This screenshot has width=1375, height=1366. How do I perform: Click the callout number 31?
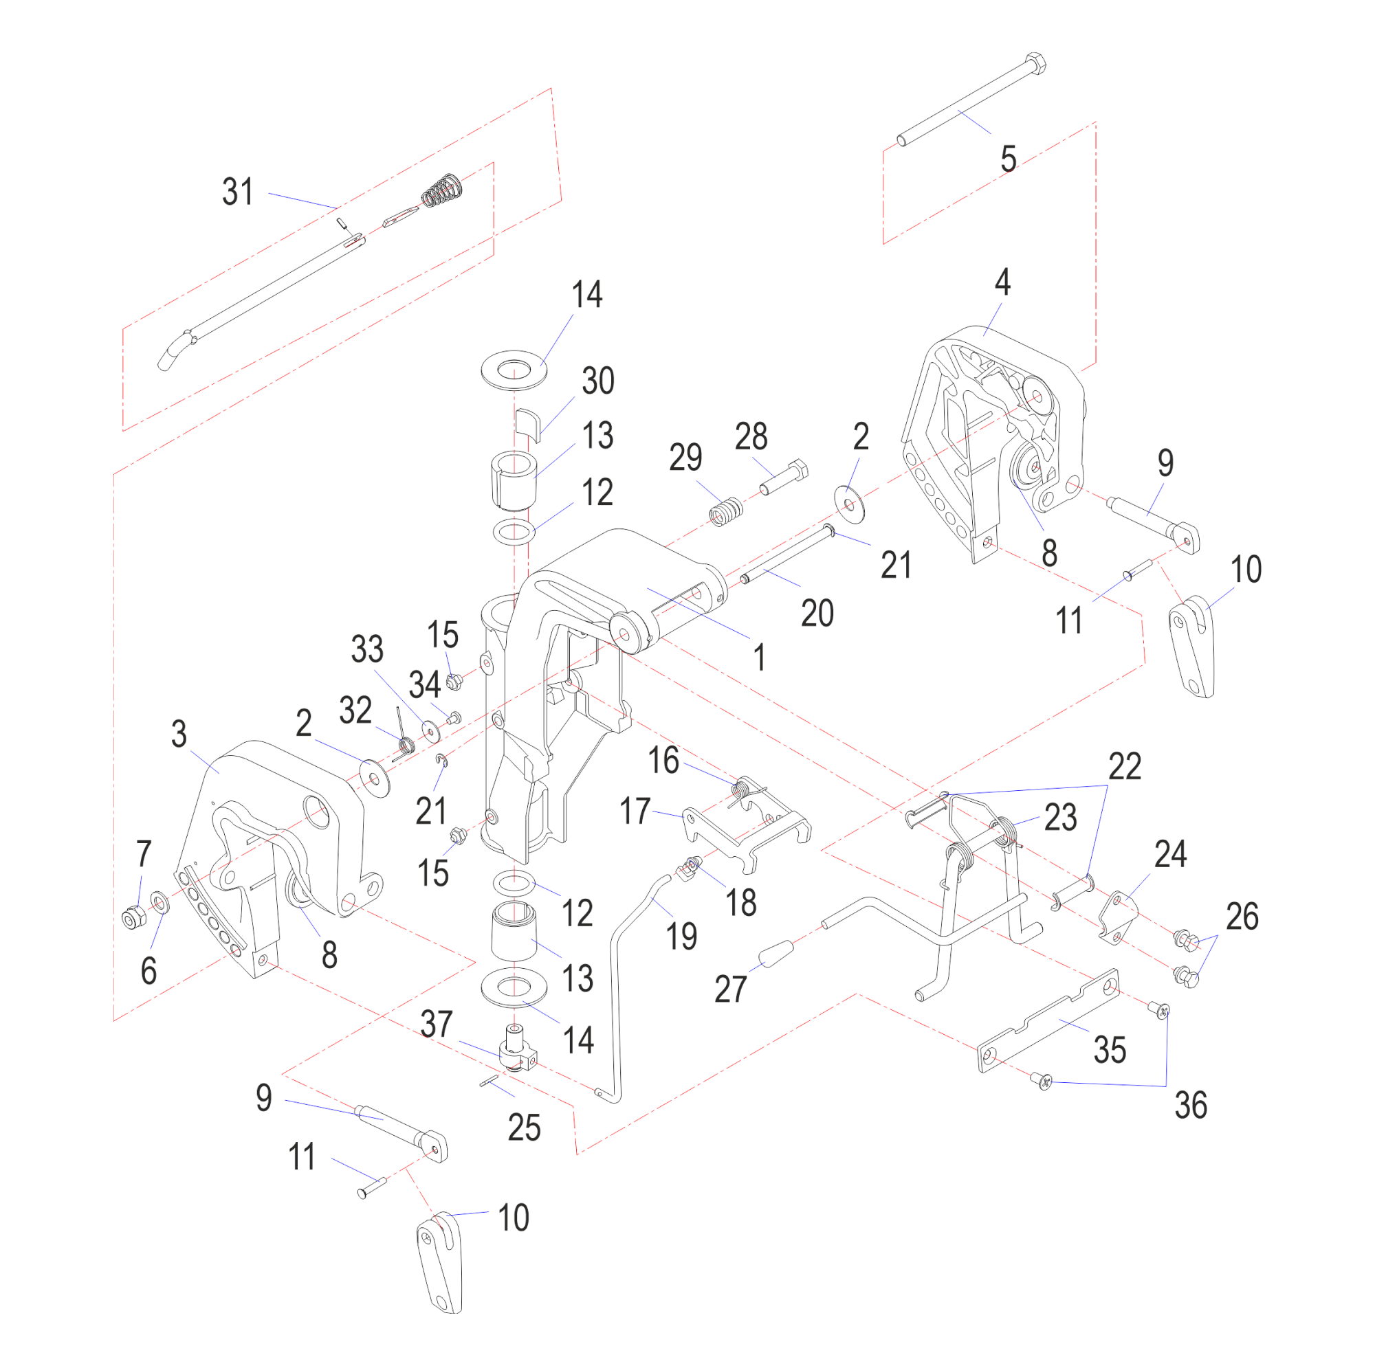click(238, 192)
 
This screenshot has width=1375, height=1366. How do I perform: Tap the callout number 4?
click(1002, 282)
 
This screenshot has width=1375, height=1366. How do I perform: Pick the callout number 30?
click(598, 381)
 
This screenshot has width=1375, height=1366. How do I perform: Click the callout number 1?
click(760, 657)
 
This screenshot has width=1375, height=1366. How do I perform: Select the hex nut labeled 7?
click(132, 919)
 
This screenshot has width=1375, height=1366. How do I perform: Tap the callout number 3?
click(179, 734)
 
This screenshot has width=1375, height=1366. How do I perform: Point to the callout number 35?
click(1110, 1050)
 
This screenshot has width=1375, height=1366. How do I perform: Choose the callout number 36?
click(1191, 1105)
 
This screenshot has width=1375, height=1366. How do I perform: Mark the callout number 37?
click(437, 1024)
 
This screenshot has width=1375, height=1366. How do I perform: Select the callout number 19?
click(681, 936)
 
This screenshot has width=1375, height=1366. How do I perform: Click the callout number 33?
click(367, 649)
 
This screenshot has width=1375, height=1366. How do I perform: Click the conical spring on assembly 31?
click(443, 190)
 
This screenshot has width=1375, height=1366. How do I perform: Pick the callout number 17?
click(635, 810)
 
